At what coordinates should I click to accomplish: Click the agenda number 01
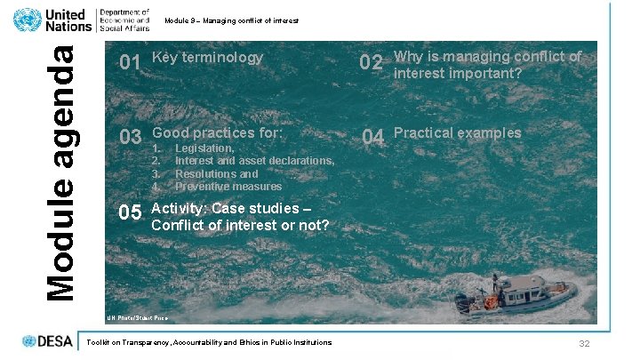(130, 62)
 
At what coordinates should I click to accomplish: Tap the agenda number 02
(371, 63)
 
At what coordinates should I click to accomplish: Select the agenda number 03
(130, 138)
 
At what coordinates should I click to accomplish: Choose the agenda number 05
(130, 213)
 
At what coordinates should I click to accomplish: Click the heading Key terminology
(208, 58)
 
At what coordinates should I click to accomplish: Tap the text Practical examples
(457, 133)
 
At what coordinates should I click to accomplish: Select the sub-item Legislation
(204, 148)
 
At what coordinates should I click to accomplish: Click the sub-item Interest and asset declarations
(254, 161)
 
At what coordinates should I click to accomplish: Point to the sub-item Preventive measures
(228, 187)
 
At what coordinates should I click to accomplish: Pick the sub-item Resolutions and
(216, 174)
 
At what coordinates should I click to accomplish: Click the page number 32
(584, 344)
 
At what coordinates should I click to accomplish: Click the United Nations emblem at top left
(27, 20)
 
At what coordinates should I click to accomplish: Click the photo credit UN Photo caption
(137, 317)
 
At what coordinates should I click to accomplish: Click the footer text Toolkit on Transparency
(206, 342)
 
